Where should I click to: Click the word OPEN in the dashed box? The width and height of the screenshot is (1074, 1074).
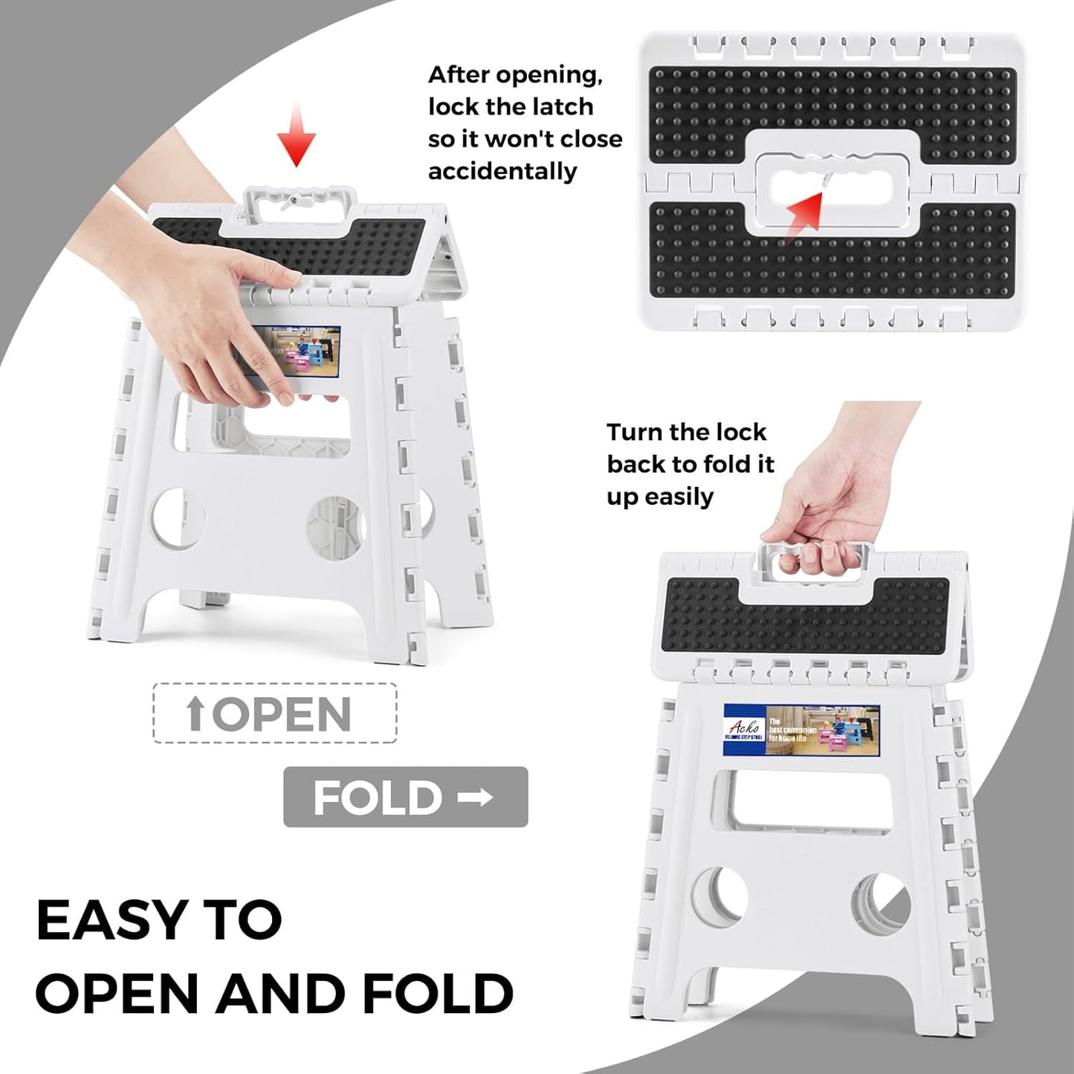coord(282,714)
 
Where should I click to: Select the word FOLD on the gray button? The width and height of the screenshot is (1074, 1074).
coord(378,798)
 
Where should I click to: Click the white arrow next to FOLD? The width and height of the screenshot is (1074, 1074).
coord(475,798)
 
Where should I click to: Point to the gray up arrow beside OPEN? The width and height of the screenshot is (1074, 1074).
coord(195,714)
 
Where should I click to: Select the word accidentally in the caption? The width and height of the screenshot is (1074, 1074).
coord(502,172)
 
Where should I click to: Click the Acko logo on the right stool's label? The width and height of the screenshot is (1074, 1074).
coord(744,729)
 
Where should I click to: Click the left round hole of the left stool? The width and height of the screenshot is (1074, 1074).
coord(179,517)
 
